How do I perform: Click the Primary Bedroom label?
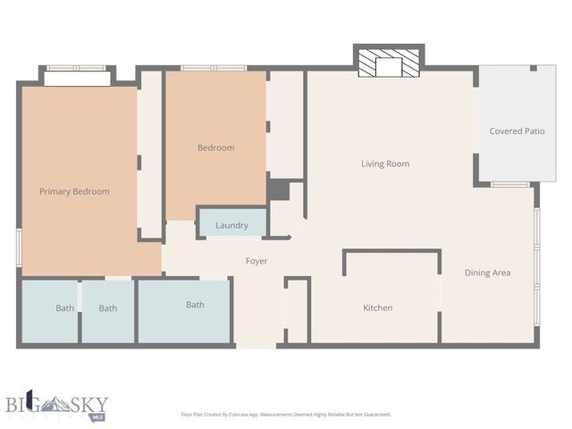pos(74,191)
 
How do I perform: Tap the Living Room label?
pos(384,164)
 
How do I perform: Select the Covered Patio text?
pos(517,131)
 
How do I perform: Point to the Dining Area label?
pos(487,273)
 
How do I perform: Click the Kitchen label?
pos(377,308)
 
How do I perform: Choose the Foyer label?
pos(257,261)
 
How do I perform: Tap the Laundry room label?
pos(231,225)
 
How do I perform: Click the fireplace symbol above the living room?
pos(388,64)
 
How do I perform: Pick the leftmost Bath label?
pos(65,308)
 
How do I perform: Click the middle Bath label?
pos(108,308)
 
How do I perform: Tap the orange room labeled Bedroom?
pos(215,147)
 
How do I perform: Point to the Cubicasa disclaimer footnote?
pos(285,414)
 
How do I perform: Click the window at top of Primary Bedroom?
pos(76,68)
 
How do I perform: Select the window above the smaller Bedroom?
pos(214,68)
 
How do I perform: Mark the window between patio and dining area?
pos(509,184)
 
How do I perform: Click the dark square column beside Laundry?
pos(278,190)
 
